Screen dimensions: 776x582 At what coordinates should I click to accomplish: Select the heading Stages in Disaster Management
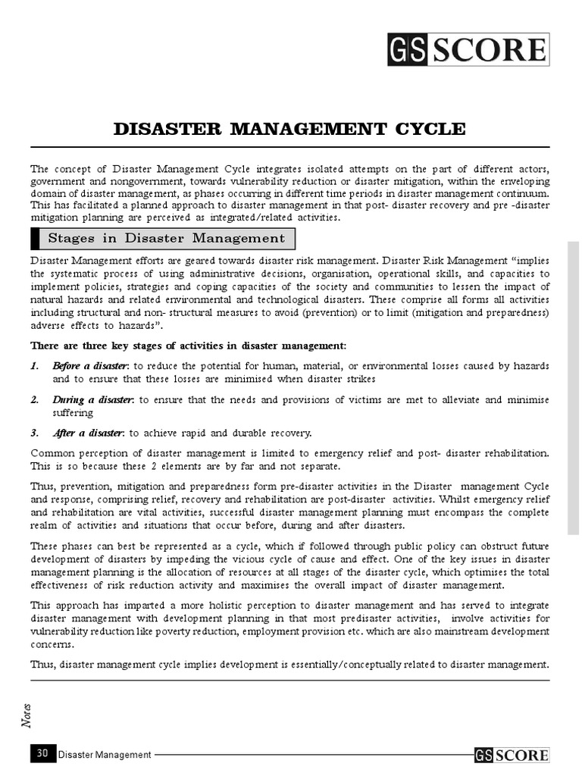pyautogui.click(x=166, y=238)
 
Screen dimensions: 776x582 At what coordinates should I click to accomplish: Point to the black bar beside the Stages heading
pyautogui.click(x=34, y=238)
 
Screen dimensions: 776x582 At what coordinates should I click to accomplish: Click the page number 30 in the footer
pyautogui.click(x=42, y=753)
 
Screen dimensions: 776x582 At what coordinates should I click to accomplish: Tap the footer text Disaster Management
pyautogui.click(x=105, y=754)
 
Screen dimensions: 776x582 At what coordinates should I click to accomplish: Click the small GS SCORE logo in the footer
pyautogui.click(x=512, y=754)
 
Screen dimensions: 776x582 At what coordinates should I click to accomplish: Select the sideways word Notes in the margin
pyautogui.click(x=27, y=714)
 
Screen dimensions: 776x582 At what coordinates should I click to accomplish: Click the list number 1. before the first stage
pyautogui.click(x=35, y=366)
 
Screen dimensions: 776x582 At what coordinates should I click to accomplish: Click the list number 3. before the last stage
pyautogui.click(x=35, y=433)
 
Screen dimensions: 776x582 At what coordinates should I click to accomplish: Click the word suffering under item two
pyautogui.click(x=73, y=412)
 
